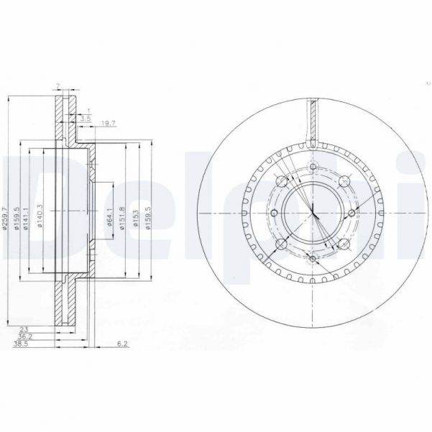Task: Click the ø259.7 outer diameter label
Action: (6, 216)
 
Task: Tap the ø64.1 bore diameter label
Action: (109, 216)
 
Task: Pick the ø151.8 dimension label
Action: (124, 216)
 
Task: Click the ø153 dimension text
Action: (137, 216)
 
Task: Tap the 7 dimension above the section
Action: (58, 88)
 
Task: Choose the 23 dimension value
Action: (24, 329)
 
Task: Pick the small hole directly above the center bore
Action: (313, 170)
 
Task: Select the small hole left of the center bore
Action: (275, 213)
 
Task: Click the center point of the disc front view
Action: (314, 213)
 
